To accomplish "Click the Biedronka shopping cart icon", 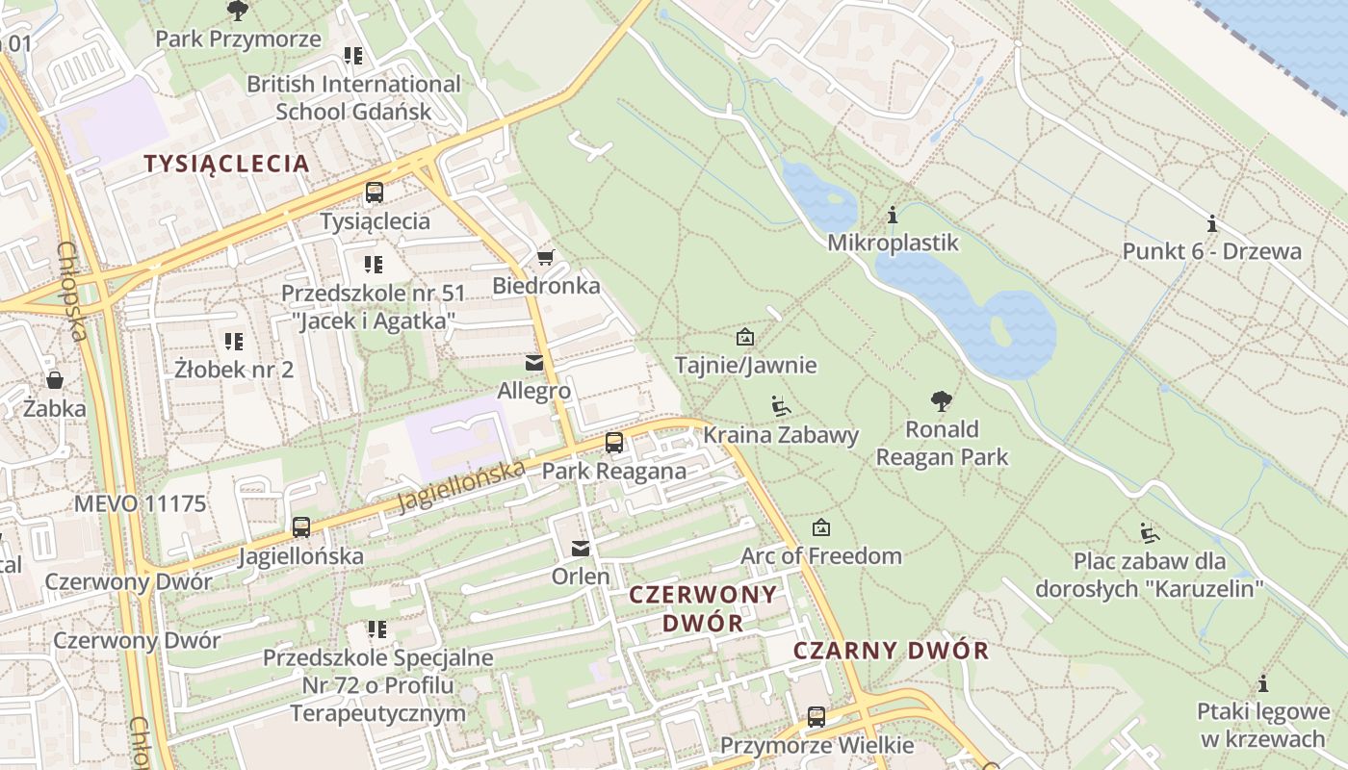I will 545,257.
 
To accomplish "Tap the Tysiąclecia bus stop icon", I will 375,192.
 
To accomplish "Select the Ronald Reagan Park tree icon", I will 942,400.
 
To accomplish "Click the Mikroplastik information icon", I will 893,215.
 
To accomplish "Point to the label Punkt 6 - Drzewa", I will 1211,252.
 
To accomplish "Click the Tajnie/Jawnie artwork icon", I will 745,337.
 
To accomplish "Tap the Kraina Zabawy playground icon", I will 781,406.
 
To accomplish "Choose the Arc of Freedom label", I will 820,556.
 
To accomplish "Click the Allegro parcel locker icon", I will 533,363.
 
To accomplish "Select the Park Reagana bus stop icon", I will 613,443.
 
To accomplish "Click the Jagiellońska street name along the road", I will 461,486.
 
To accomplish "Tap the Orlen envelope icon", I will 581,548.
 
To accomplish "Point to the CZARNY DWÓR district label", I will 891,651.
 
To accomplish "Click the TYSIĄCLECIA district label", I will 227,164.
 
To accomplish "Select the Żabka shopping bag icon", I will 55,379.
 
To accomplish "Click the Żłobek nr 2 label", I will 234,370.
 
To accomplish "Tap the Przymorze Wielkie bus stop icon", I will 817,717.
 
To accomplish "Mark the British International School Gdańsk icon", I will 353,56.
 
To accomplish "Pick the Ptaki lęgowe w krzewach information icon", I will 1263,684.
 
